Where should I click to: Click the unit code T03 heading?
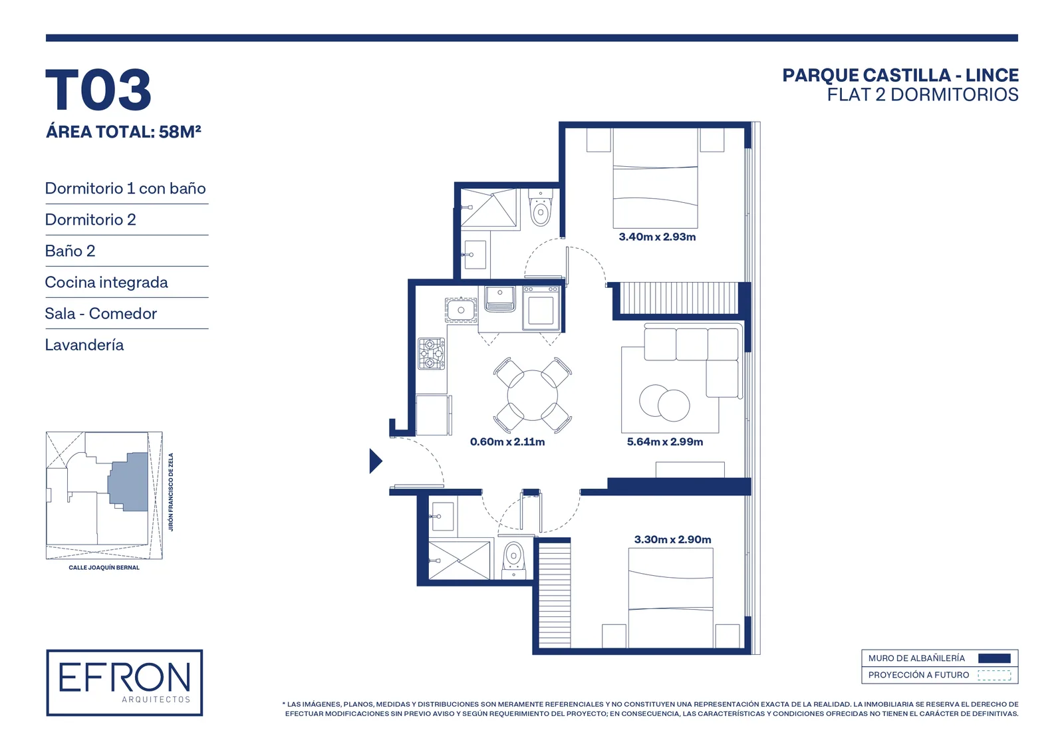click(x=98, y=90)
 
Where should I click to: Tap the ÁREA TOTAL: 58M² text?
click(x=124, y=132)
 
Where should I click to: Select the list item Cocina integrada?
click(x=106, y=282)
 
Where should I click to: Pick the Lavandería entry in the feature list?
click(x=84, y=345)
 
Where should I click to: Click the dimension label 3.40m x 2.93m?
click(x=657, y=237)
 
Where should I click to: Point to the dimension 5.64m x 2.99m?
click(x=664, y=441)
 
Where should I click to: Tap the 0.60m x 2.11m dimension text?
click(x=507, y=441)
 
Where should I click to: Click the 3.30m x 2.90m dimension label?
click(x=672, y=540)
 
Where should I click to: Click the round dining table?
click(x=533, y=395)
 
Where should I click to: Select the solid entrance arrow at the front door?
click(x=375, y=461)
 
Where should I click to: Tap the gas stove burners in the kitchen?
click(x=432, y=354)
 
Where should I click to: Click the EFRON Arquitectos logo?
click(x=124, y=683)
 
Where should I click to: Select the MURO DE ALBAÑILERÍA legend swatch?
click(x=994, y=658)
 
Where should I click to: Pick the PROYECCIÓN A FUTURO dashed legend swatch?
click(x=994, y=675)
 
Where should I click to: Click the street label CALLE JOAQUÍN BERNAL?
click(x=104, y=568)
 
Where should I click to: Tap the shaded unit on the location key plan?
click(x=128, y=481)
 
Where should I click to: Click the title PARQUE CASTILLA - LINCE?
click(x=900, y=76)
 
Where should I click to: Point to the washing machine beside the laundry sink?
click(x=541, y=308)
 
